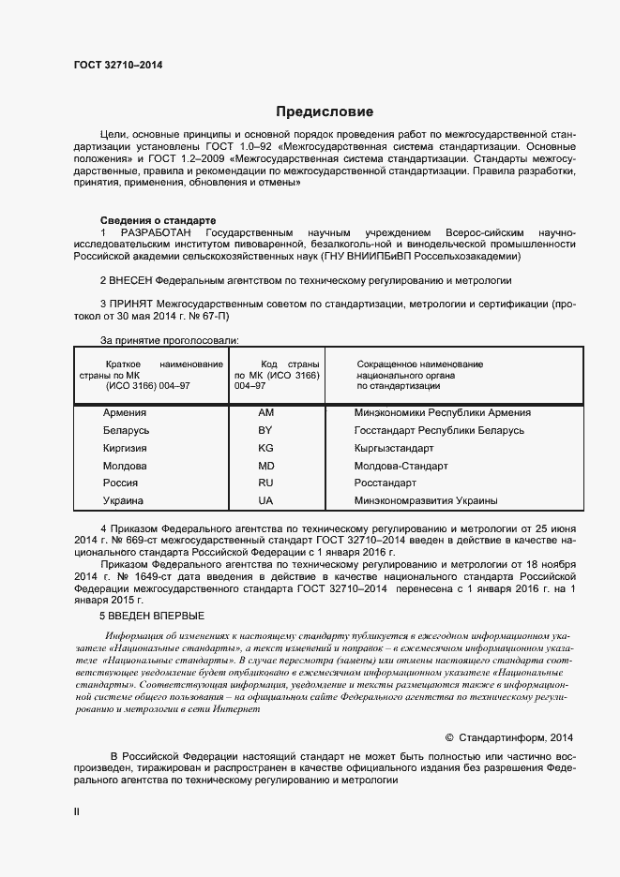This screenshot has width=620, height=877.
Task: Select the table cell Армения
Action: [125, 412]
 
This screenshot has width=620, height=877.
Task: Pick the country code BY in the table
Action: [265, 430]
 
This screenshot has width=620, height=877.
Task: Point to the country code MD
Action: [265, 466]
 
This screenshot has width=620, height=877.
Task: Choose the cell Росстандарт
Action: [386, 483]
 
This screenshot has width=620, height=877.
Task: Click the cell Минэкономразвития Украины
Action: [426, 501]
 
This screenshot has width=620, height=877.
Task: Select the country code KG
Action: [265, 448]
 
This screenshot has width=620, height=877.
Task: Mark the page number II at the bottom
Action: [77, 812]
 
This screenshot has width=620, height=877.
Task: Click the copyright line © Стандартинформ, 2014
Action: [507, 737]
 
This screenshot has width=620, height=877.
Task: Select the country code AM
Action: [265, 412]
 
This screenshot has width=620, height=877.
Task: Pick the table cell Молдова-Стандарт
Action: [401, 466]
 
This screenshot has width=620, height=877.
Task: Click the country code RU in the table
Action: [265, 483]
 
